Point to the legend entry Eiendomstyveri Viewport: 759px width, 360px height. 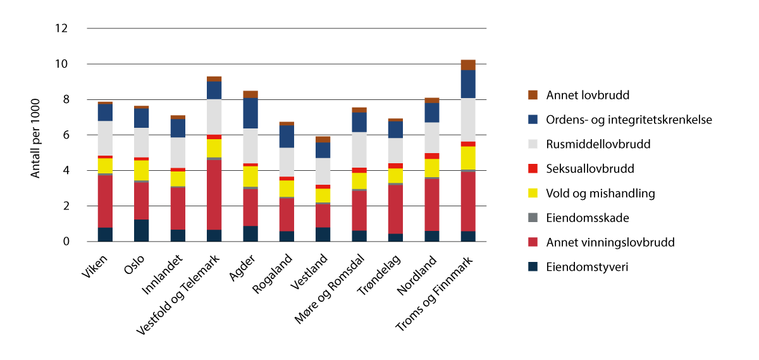588,267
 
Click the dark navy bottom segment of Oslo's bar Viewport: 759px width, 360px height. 141,230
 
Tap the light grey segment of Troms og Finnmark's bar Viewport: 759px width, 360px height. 468,120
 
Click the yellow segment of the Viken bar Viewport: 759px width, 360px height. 105,165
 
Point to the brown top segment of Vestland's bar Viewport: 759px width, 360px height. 323,139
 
